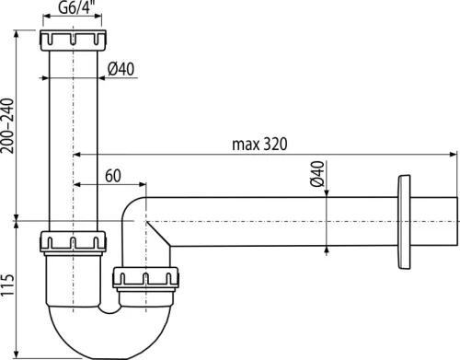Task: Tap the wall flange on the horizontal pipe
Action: [x=403, y=220]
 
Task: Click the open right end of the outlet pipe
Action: [x=455, y=220]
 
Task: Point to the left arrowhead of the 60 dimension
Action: [x=75, y=183]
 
